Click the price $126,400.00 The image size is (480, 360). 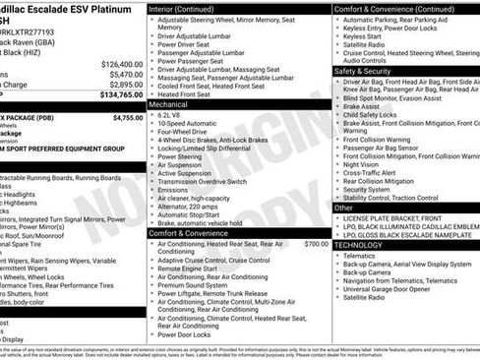coord(122,64)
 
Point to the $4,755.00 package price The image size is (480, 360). coord(127,117)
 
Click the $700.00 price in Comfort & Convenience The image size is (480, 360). coord(316,243)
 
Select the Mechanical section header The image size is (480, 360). coord(168,102)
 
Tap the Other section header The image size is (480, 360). coord(343,208)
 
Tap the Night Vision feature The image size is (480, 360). coord(363,164)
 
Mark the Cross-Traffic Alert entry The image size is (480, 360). coord(376,172)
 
